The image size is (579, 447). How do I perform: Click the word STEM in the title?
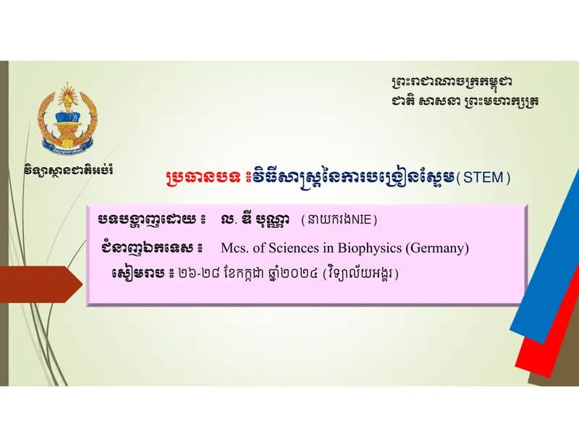(483, 177)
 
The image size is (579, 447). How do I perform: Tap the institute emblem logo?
(67, 119)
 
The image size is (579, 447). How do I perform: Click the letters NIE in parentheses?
(361, 220)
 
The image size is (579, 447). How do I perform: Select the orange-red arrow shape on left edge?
(41, 284)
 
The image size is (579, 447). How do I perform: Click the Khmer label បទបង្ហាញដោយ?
(148, 221)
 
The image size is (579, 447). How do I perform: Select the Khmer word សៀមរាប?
(138, 274)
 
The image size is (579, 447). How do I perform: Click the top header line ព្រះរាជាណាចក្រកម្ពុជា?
(452, 82)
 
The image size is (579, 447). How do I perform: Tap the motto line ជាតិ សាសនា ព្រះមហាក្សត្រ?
(465, 101)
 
